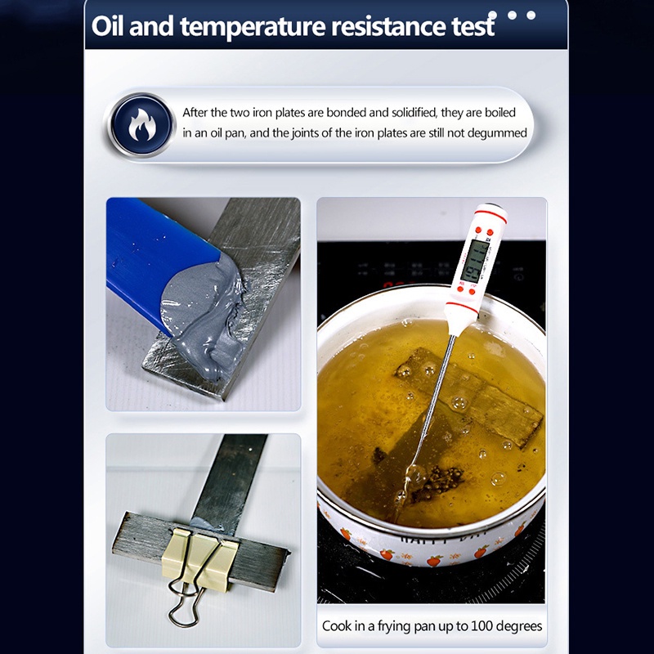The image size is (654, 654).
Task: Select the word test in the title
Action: (x=468, y=26)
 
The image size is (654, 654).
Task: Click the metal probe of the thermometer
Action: (x=433, y=392)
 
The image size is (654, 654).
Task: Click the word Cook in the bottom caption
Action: (x=338, y=626)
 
